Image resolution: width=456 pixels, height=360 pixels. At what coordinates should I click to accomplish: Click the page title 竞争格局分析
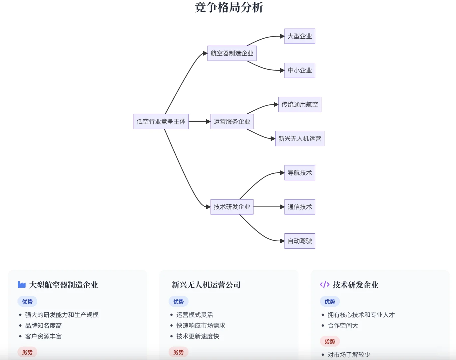[x=229, y=7]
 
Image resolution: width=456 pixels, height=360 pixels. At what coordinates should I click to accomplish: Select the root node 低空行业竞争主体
[x=161, y=122]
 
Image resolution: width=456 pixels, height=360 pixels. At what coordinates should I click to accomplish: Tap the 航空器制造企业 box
[x=232, y=53]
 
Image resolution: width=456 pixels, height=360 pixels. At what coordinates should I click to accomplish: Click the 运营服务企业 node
[x=232, y=122]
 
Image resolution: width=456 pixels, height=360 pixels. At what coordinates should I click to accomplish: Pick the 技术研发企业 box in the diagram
[x=232, y=207]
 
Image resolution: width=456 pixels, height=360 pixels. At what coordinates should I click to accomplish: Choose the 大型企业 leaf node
[x=299, y=36]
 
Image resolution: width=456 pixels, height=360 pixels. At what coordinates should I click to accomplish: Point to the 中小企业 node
[x=299, y=70]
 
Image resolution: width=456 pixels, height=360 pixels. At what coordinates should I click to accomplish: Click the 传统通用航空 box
[x=299, y=105]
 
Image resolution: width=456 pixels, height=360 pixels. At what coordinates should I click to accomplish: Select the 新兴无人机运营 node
[x=299, y=139]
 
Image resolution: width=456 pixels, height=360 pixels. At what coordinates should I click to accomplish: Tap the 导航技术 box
[x=299, y=173]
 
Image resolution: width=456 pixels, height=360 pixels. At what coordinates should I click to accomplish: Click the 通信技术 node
[x=299, y=207]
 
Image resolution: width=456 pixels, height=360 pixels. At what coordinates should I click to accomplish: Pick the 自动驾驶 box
[x=299, y=241]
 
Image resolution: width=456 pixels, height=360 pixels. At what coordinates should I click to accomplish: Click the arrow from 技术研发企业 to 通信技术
[x=268, y=207]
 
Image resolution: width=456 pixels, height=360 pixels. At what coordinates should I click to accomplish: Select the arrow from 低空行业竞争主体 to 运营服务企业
[x=200, y=122]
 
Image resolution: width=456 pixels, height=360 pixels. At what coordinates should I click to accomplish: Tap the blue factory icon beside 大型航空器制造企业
[x=22, y=285]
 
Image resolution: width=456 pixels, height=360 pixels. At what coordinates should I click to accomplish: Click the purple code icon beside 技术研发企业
[x=324, y=285]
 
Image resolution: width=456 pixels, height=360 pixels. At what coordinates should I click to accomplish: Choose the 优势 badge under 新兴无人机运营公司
[x=179, y=302]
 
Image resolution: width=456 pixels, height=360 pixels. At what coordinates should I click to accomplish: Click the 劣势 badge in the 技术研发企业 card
[x=330, y=341]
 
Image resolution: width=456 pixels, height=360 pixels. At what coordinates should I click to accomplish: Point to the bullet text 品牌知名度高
[x=44, y=326]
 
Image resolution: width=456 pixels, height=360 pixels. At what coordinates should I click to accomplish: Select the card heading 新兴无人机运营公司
[x=206, y=285]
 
